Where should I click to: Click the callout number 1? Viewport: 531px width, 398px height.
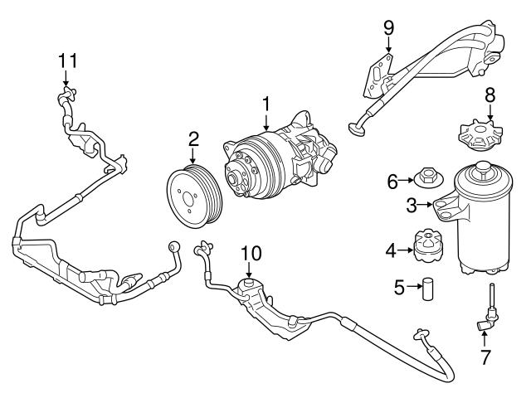(266, 104)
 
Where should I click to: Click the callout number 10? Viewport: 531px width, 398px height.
(251, 252)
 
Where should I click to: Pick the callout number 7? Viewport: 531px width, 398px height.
(485, 358)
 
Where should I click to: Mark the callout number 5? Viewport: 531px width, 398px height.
(399, 288)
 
